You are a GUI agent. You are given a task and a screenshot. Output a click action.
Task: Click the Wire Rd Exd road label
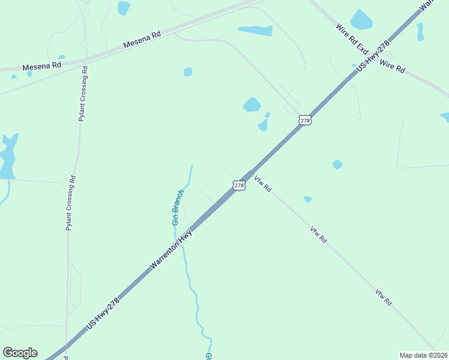click(351, 38)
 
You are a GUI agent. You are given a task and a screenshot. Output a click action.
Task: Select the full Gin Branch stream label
click(177, 207)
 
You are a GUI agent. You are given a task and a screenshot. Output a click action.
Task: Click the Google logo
click(20, 353)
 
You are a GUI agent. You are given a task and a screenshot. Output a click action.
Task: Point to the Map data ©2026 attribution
click(423, 355)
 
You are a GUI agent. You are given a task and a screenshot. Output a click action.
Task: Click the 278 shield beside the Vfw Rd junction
click(239, 185)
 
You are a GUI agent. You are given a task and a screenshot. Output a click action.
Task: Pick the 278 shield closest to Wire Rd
click(305, 121)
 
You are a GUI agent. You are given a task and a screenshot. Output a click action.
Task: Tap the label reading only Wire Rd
click(393, 67)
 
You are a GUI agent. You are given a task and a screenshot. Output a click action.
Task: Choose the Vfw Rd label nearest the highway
click(263, 184)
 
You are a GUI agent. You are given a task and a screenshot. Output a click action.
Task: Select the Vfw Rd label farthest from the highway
click(384, 298)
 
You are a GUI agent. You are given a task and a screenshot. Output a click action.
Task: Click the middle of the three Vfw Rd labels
click(319, 235)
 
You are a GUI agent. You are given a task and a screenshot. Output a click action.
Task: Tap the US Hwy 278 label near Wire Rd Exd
click(373, 56)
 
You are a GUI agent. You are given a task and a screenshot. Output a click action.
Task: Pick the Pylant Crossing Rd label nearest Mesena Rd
click(83, 93)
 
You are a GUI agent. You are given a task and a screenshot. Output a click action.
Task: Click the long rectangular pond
click(255, 30)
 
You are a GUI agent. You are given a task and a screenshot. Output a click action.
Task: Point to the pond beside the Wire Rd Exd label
click(361, 20)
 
